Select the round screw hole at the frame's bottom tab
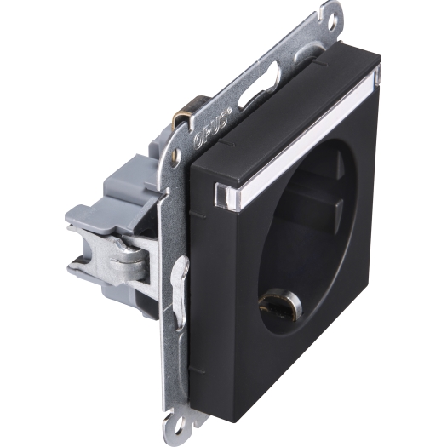[x=179, y=427]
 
